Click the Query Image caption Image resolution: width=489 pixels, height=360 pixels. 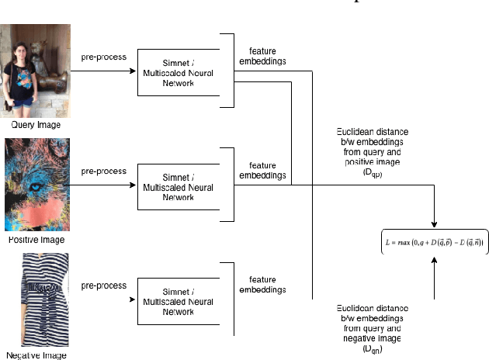[x=36, y=125]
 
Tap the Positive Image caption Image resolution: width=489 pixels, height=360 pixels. [x=36, y=240]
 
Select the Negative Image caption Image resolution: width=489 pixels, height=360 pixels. [x=36, y=355]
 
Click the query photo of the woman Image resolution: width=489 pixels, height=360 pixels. [x=36, y=71]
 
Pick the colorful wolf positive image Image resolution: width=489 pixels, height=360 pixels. [x=36, y=185]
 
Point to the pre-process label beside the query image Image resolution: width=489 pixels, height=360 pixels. [x=103, y=57]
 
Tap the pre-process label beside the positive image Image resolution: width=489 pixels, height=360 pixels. [x=103, y=171]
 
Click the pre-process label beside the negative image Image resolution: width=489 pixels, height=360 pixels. [x=103, y=285]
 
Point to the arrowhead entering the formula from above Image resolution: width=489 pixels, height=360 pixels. [x=435, y=223]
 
